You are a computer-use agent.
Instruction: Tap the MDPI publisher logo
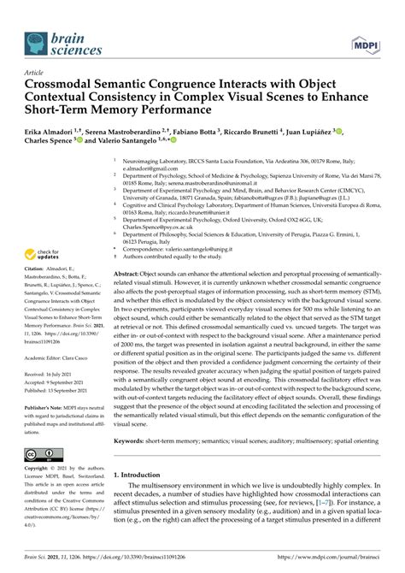366,42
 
